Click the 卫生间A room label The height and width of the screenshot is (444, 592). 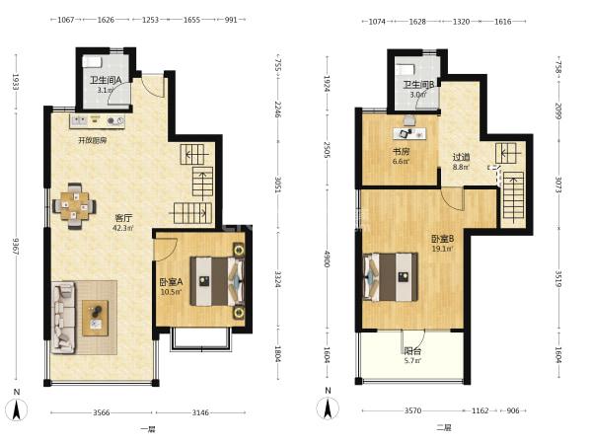coord(106,80)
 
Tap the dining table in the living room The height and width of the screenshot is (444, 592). coord(74,206)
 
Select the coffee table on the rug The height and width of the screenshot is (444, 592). coord(96,318)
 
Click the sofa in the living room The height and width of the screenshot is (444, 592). coord(63,318)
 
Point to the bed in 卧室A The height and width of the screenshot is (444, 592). coord(217,281)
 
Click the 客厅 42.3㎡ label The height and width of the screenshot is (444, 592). coord(123,223)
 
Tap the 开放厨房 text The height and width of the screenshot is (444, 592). coord(93,140)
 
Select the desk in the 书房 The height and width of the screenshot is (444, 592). coord(409,133)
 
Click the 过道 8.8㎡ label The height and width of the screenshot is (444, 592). coord(461,161)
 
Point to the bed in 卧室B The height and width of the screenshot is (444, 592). coord(391,277)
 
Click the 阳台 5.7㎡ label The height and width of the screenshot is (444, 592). coord(412,355)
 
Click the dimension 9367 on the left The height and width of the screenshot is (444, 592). coord(16,246)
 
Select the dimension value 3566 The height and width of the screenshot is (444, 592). coord(102,412)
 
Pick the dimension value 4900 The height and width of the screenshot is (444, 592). coord(327,259)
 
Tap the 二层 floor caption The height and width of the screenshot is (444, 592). coord(444,428)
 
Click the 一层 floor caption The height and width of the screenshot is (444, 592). coord(148,429)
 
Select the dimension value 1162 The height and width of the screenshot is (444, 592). coord(481,410)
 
